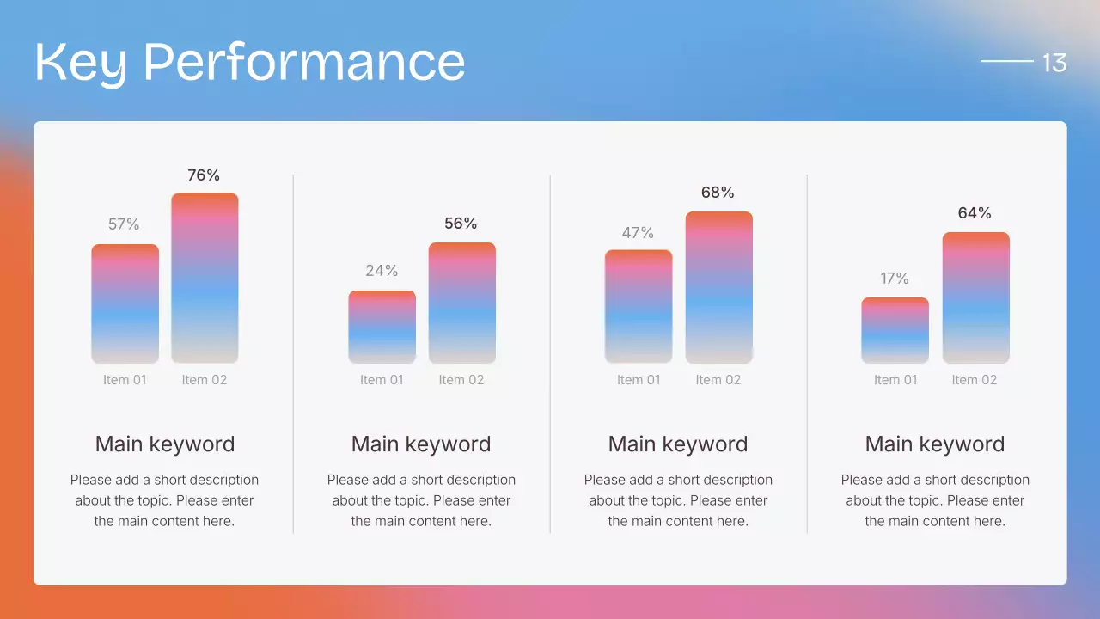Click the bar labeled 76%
click(205, 278)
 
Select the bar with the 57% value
click(125, 303)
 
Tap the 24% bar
click(382, 327)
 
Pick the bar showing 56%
click(461, 303)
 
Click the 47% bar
click(639, 306)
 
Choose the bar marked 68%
click(718, 287)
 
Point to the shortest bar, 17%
click(895, 330)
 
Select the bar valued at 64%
click(975, 297)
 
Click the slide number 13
click(1054, 63)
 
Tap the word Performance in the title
click(303, 63)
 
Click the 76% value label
click(204, 175)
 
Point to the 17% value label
click(895, 279)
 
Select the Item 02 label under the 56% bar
click(461, 380)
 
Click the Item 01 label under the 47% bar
click(639, 380)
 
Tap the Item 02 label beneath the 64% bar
click(975, 380)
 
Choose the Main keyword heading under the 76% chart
click(164, 444)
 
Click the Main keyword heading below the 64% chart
click(934, 444)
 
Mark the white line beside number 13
click(1006, 61)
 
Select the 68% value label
click(718, 193)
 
